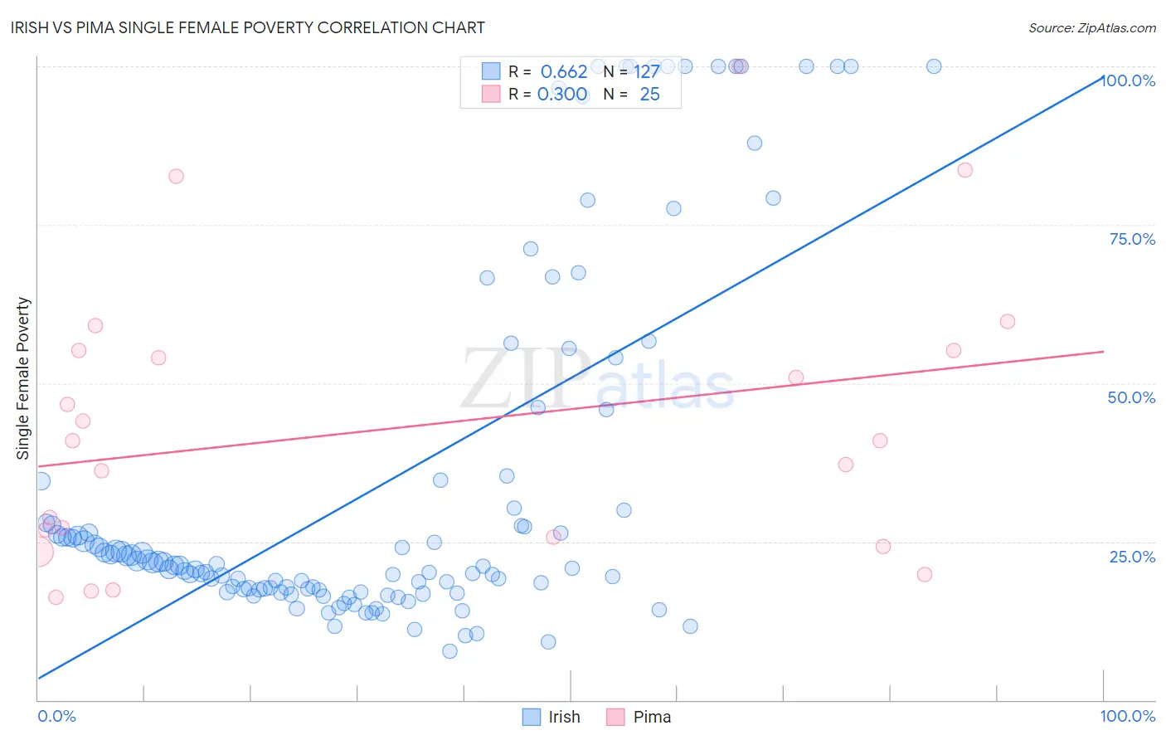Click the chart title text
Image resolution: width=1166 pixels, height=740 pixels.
(248, 27)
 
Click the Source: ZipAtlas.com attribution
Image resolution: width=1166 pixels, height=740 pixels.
(1091, 27)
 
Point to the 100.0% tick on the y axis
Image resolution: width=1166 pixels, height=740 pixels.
(1129, 80)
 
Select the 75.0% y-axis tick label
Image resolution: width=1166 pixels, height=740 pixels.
(1132, 239)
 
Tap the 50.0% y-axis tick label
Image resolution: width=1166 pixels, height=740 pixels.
(1131, 397)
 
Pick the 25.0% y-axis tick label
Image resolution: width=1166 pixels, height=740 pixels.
(1132, 557)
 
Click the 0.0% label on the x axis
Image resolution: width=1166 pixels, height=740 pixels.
(56, 716)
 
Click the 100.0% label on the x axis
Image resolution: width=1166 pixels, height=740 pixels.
(1127, 716)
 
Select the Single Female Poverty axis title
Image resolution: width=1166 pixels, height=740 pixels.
(23, 378)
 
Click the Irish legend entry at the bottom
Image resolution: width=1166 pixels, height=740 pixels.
(551, 717)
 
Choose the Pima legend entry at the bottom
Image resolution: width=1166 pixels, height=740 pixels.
(639, 717)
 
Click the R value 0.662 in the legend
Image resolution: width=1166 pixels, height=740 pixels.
(564, 71)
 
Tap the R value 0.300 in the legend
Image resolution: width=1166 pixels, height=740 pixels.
(562, 94)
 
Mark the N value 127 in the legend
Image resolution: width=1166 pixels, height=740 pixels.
(647, 71)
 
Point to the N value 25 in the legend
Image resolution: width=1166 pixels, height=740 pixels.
(649, 94)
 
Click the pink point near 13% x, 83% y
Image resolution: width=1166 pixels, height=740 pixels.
(176, 176)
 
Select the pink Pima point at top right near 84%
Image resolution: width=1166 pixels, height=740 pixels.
(964, 170)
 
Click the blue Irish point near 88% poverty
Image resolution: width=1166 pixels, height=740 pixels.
(754, 143)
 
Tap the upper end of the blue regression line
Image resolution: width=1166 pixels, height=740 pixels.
(1102, 75)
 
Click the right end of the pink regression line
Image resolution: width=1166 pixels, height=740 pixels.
(1103, 352)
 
